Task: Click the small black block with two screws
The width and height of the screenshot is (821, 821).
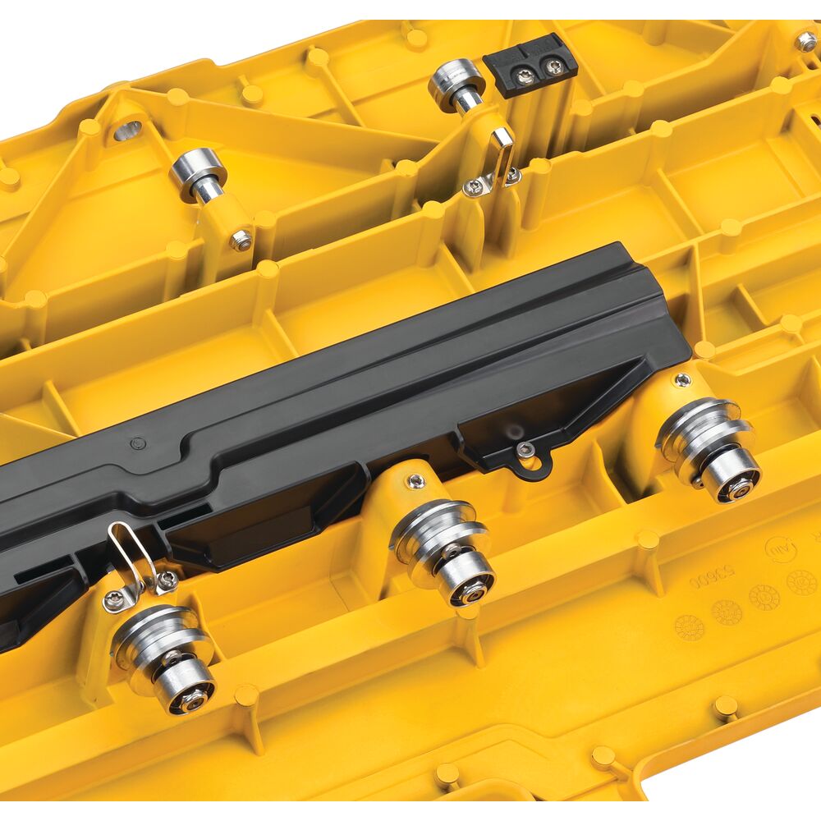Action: pos(530,66)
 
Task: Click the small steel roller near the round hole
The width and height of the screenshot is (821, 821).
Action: pos(198,170)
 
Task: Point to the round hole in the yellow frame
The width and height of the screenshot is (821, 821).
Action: pos(128,130)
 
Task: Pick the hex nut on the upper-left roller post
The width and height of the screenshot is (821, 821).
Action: pos(241,240)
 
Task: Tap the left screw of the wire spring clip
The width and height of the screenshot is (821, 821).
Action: pos(115,601)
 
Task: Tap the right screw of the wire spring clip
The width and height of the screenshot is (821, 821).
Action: pos(167,581)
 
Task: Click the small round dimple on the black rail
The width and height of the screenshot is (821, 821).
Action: pos(136,443)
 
